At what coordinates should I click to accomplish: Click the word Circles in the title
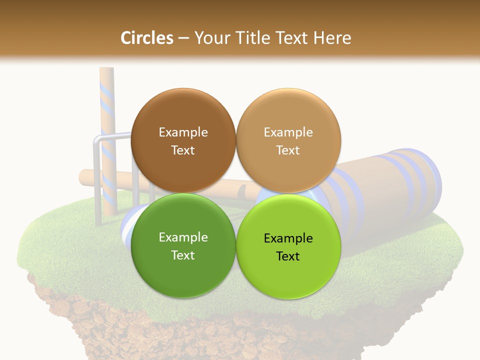[146, 38]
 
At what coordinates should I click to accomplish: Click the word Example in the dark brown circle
[183, 132]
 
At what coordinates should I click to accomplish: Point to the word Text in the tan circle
[288, 150]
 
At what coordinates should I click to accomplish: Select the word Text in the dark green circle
[183, 255]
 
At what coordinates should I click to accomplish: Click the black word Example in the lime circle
[288, 238]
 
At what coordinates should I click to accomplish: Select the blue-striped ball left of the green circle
[127, 227]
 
